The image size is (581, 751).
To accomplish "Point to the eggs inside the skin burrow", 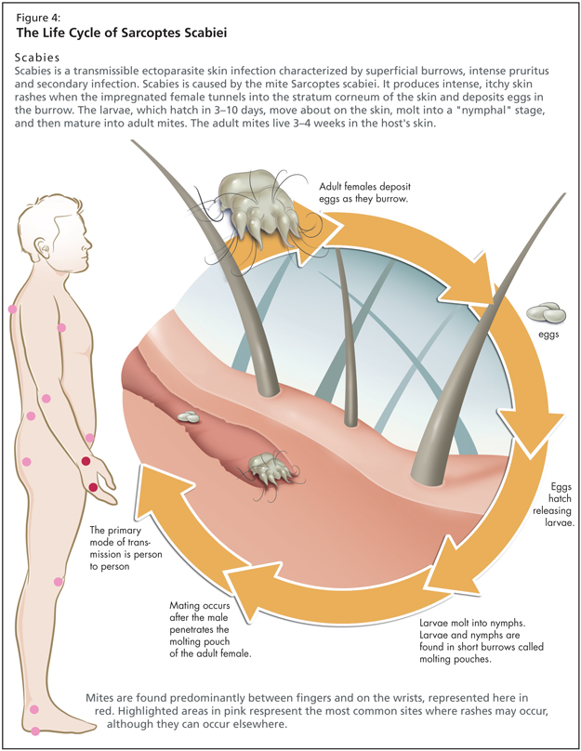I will pos(190,419).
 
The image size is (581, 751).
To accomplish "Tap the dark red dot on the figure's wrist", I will pos(86,462).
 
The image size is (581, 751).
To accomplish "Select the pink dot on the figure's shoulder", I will pos(13,309).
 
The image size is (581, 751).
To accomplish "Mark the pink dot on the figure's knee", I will pos(59,582).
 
